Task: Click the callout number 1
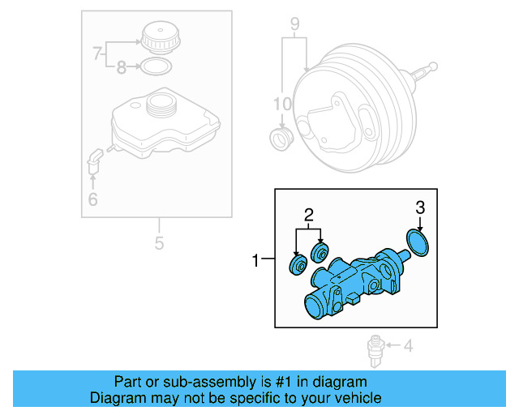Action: (x=255, y=261)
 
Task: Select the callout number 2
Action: (x=308, y=215)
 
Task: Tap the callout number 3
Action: (x=420, y=207)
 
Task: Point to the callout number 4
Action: (x=408, y=347)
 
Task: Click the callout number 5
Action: (x=159, y=242)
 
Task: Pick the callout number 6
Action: (x=92, y=199)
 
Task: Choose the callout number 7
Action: (x=97, y=54)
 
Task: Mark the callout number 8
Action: (x=121, y=68)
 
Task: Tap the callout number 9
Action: (x=294, y=23)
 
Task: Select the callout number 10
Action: (x=281, y=104)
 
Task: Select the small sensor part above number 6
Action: (x=93, y=160)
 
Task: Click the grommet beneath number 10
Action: (x=281, y=138)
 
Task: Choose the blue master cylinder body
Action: (x=349, y=288)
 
